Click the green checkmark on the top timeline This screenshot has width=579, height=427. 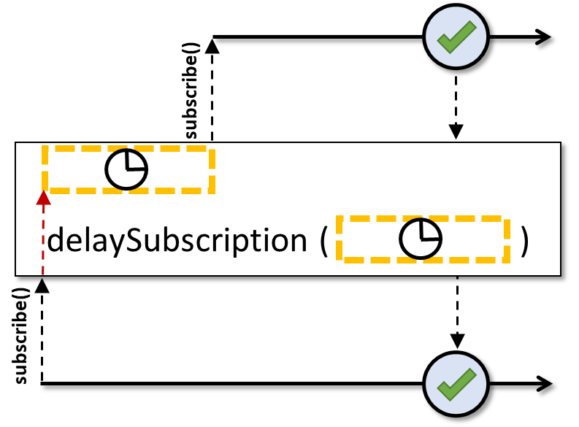pyautogui.click(x=456, y=37)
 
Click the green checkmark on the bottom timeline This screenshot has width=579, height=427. pyautogui.click(x=456, y=384)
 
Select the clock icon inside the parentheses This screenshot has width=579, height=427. pyautogui.click(x=421, y=239)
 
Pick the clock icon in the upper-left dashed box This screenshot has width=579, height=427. pyautogui.click(x=126, y=169)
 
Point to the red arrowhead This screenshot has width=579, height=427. pyautogui.click(x=44, y=198)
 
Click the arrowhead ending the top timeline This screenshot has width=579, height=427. pyautogui.click(x=542, y=37)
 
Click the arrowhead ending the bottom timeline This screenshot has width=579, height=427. pyautogui.click(x=543, y=384)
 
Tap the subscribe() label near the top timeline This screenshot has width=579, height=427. pyautogui.click(x=191, y=91)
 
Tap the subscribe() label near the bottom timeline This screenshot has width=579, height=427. pyautogui.click(x=21, y=336)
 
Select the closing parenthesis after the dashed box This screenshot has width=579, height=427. pyautogui.click(x=524, y=241)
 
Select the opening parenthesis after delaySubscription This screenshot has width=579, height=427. pyautogui.click(x=323, y=241)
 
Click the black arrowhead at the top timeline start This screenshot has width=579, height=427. pyautogui.click(x=212, y=46)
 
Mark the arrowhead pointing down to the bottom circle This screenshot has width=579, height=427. pyautogui.click(x=458, y=341)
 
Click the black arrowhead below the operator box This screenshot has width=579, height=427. pyautogui.click(x=42, y=285)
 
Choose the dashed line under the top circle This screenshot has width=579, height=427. pyautogui.click(x=456, y=101)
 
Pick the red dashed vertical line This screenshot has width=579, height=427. pyautogui.click(x=43, y=240)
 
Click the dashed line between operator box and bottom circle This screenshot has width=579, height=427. pyautogui.click(x=458, y=305)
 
